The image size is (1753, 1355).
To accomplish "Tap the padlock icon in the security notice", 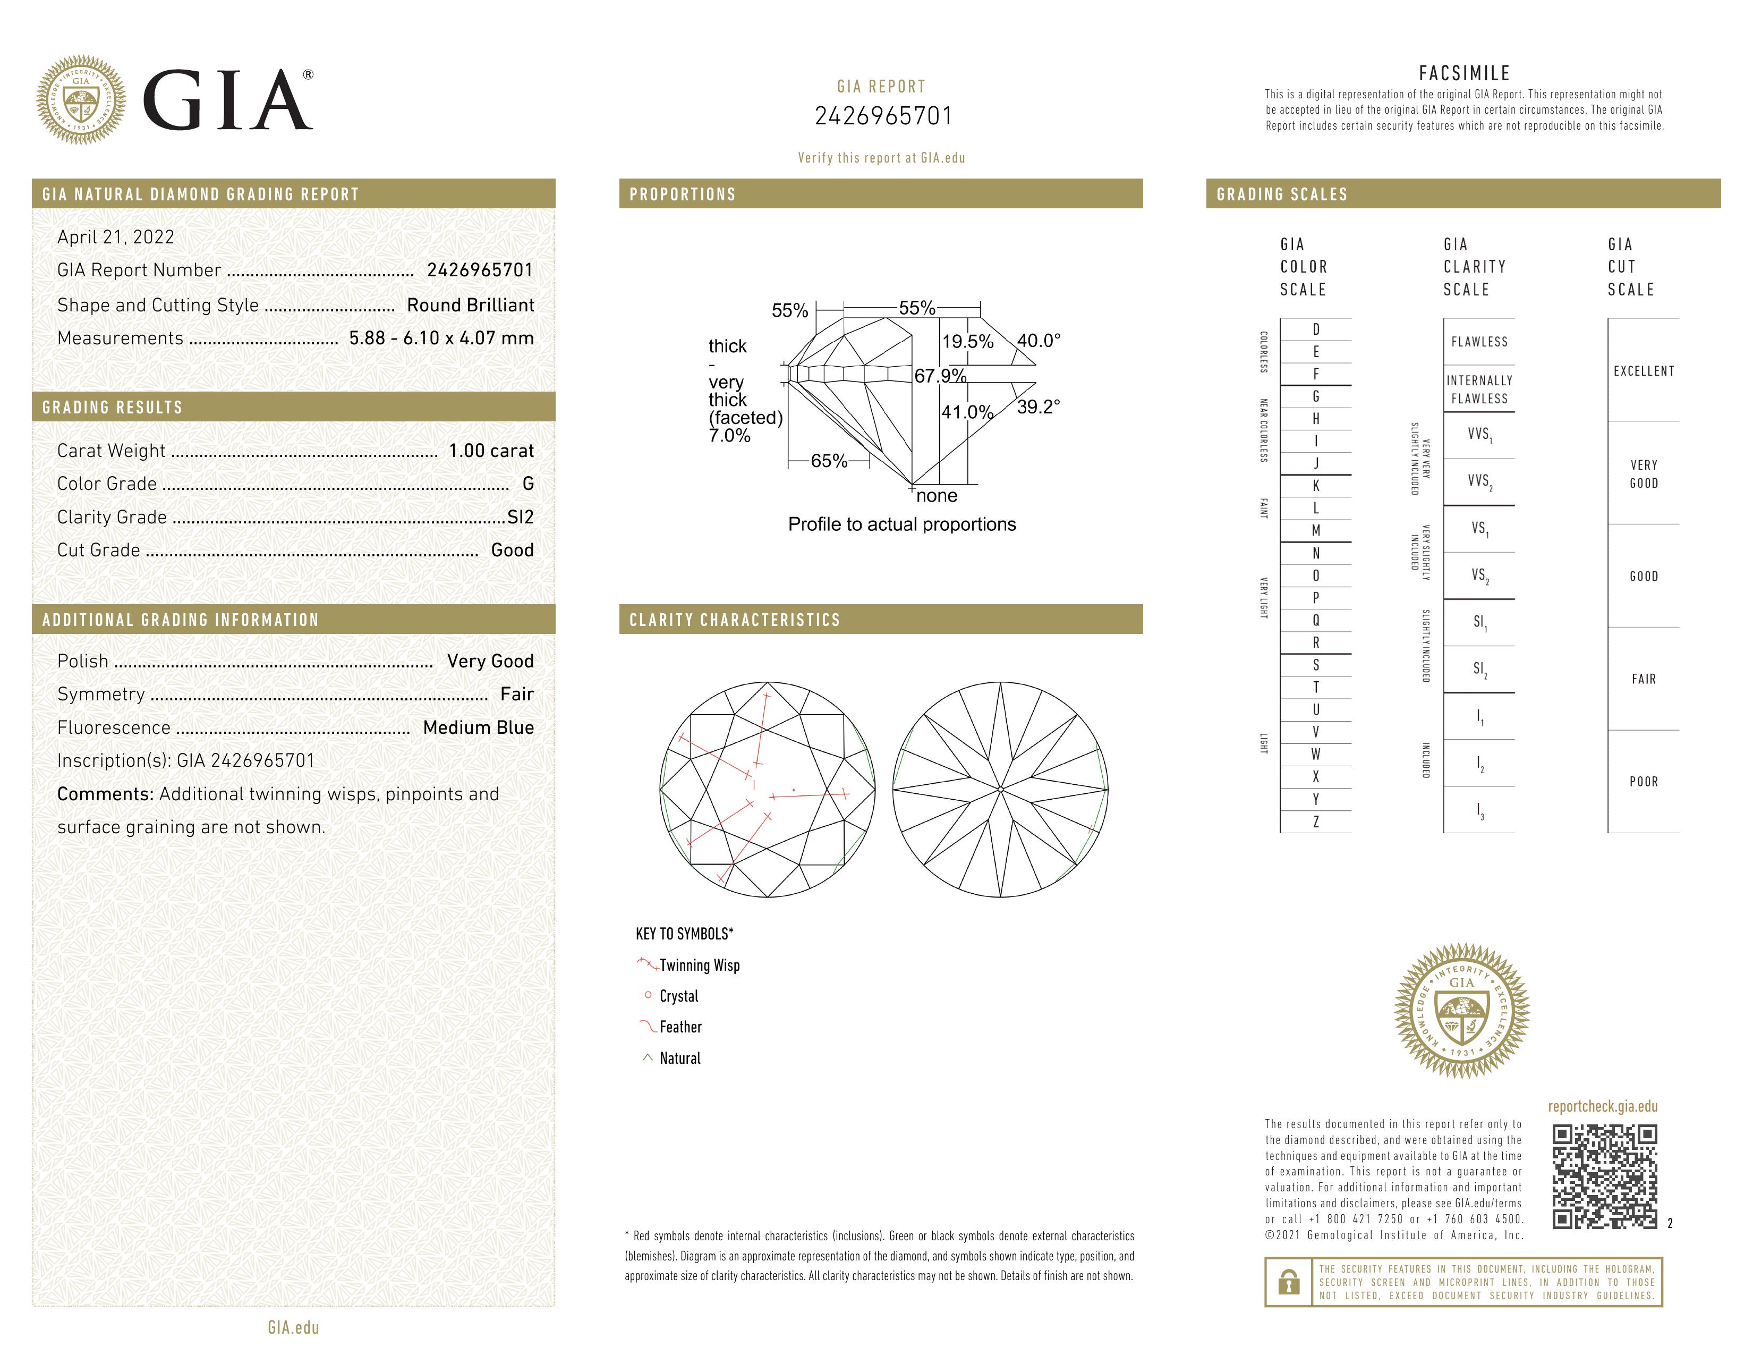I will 1288,1283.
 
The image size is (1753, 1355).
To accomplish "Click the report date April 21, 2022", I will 116,237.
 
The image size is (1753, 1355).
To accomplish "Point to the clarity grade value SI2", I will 520,517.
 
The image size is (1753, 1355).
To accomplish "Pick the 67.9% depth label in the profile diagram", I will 940,376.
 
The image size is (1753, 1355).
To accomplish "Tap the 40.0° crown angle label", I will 1039,341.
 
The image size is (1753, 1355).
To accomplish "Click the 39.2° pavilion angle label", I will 1038,407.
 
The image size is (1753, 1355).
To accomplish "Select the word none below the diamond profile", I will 937,496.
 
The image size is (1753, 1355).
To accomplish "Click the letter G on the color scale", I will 1316,396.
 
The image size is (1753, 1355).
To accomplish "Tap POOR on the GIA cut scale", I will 1643,782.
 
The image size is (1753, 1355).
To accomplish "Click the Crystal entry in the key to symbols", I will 678,996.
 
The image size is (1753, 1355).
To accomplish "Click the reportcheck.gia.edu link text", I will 1602,1106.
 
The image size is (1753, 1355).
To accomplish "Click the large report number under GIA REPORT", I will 883,116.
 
